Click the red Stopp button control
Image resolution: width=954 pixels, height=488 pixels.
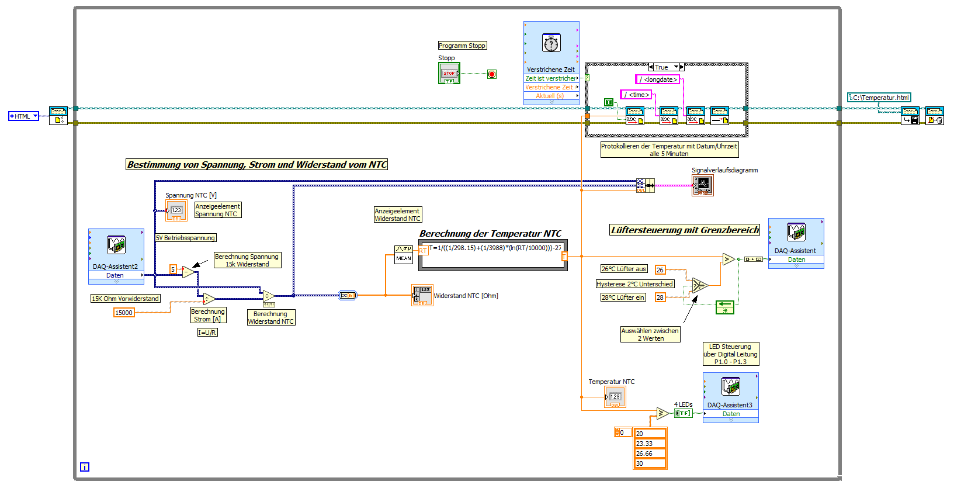point(449,73)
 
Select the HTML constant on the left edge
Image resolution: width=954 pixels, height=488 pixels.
point(23,116)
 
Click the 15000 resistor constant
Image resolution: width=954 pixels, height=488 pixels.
point(124,313)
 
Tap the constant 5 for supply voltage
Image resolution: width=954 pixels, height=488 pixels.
point(173,269)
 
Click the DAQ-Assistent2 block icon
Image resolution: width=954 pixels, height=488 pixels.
point(116,245)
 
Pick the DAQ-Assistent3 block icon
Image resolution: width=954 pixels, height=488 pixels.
point(731,386)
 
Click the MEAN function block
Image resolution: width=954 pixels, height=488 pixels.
point(404,255)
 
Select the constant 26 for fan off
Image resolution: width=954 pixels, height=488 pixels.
point(660,270)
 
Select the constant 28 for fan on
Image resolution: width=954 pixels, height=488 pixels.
point(660,297)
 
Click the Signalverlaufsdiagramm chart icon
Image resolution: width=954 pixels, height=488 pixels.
point(702,185)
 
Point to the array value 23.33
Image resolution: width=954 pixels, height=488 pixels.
point(650,444)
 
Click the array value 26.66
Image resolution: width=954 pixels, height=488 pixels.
point(650,454)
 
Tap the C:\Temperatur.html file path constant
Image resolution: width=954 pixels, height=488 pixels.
point(879,98)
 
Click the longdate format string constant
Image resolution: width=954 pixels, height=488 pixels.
point(658,79)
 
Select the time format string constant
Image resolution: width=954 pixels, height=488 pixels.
point(636,95)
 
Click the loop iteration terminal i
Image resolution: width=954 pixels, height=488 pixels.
point(85,467)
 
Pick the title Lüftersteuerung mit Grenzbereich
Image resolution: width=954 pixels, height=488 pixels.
point(685,230)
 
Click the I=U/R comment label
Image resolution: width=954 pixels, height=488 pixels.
point(207,333)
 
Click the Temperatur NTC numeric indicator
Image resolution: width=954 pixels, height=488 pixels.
point(615,397)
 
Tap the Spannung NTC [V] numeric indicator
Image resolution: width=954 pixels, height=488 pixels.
point(176,210)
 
